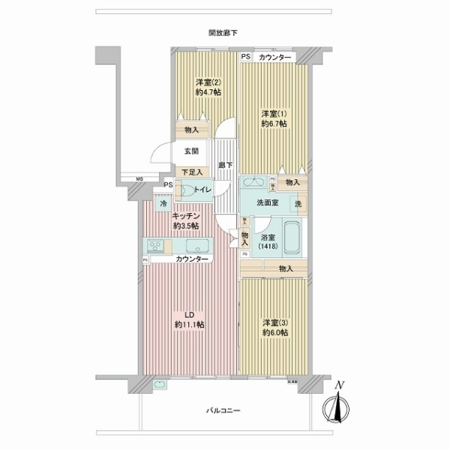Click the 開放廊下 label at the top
(223, 32)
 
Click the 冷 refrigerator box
(163, 203)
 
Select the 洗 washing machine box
(298, 204)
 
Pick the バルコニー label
(223, 411)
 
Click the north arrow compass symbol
(339, 409)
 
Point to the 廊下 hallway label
(224, 165)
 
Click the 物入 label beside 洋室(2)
(191, 130)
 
